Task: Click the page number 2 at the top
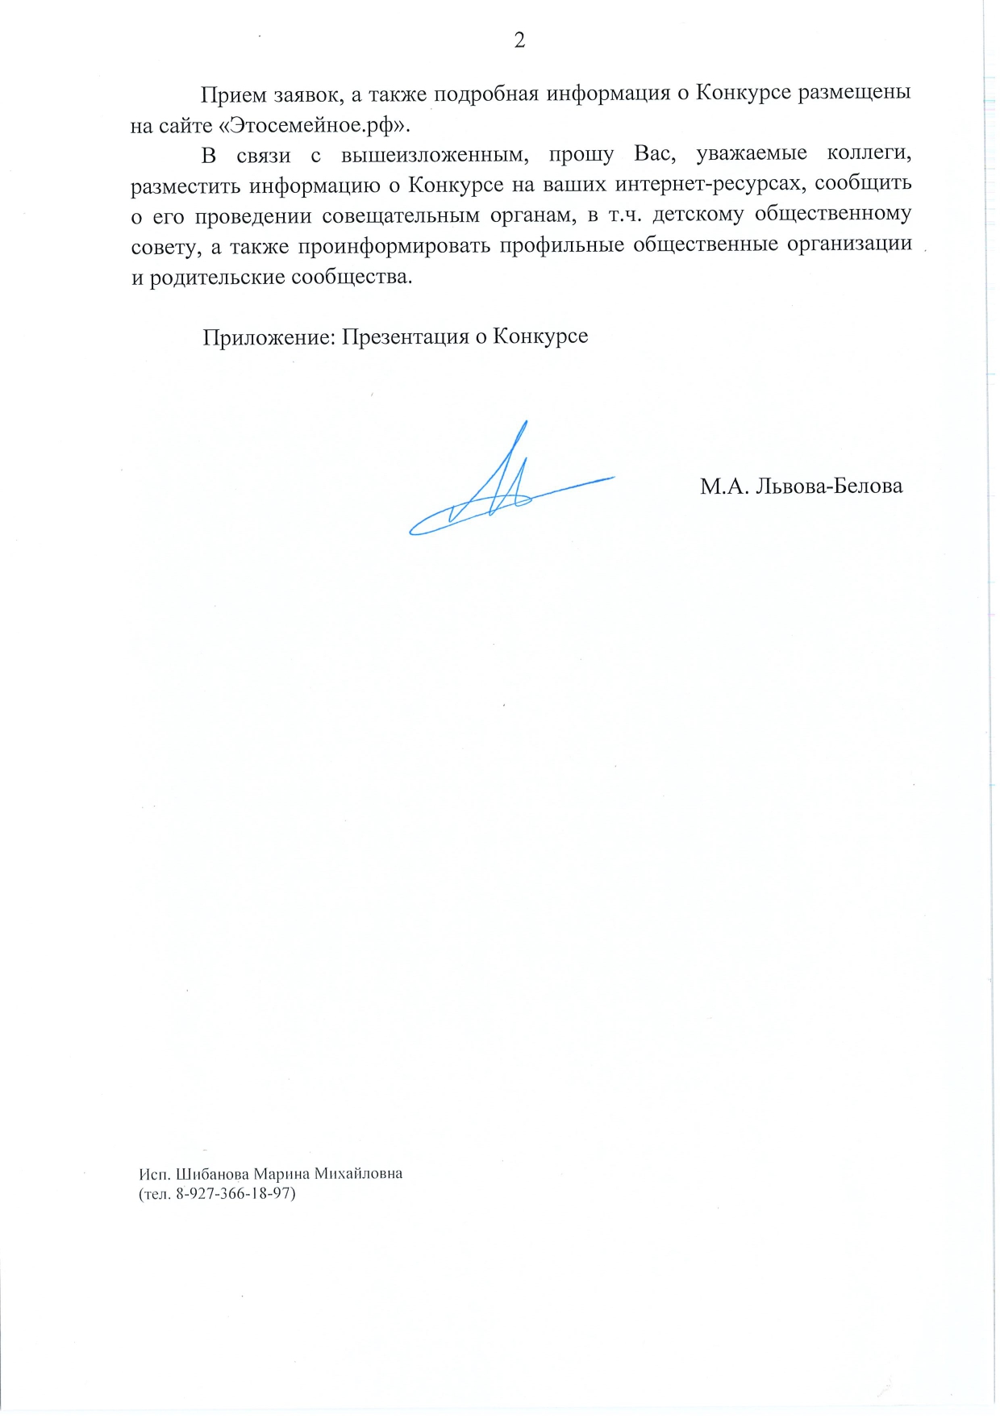click(x=519, y=41)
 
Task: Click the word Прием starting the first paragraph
click(x=233, y=95)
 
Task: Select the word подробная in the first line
click(x=487, y=94)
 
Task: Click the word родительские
click(x=217, y=278)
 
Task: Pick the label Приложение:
click(x=269, y=337)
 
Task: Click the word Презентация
click(x=405, y=336)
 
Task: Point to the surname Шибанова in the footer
click(x=215, y=1173)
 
